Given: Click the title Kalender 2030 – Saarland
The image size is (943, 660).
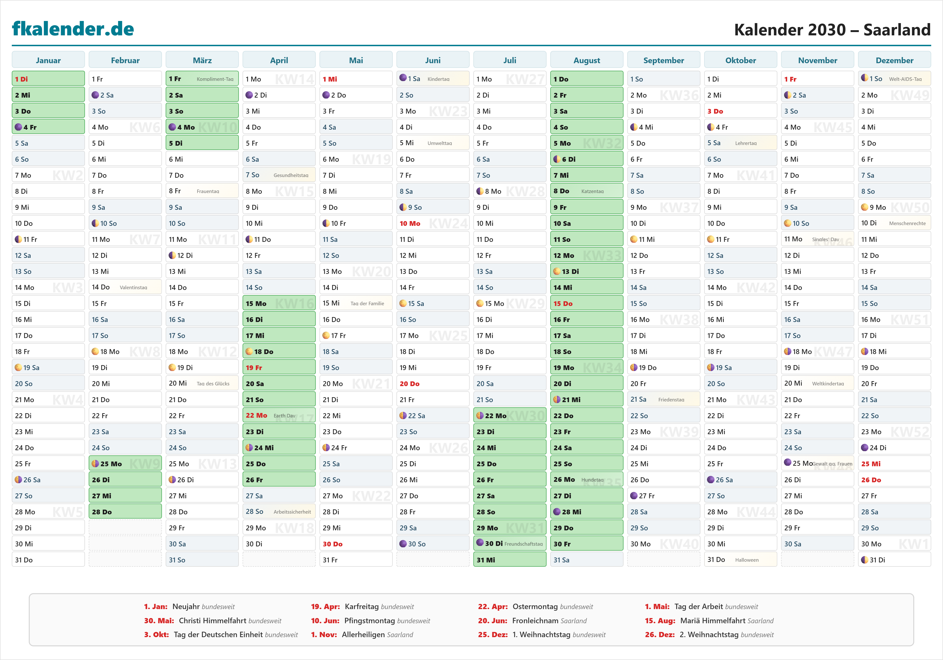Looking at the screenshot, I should click(x=832, y=29).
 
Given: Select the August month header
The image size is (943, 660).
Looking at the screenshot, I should click(x=587, y=60).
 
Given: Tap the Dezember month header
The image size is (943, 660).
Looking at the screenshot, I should click(x=894, y=60).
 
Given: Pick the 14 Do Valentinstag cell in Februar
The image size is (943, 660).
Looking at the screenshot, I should click(x=125, y=287).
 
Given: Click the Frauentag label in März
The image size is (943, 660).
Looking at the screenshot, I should click(x=208, y=191).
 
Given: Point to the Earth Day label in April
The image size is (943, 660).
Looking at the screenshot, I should click(x=284, y=416).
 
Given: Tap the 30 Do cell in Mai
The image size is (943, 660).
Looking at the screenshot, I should click(x=356, y=544).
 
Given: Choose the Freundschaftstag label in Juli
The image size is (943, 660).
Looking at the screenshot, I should click(x=523, y=544).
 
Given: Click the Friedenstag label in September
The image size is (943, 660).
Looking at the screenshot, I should click(x=671, y=400).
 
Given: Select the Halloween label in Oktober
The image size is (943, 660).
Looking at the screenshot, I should click(x=747, y=560).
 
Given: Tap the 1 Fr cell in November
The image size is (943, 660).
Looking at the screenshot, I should click(x=817, y=79).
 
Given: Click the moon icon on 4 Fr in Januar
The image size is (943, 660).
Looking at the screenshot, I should click(x=18, y=127).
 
